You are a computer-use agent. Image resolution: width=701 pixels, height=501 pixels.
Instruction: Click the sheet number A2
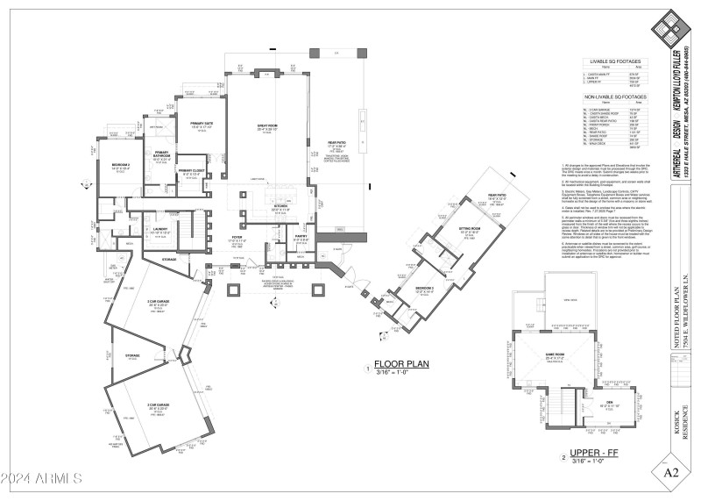672,473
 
